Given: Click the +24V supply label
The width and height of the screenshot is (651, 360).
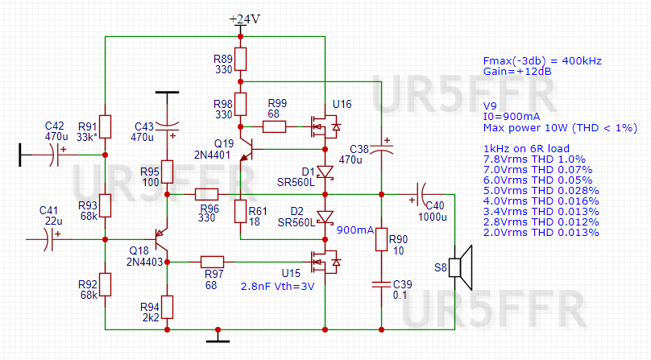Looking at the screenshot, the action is pos(245,19).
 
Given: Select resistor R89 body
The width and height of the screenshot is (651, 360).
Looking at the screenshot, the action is pos(240,59).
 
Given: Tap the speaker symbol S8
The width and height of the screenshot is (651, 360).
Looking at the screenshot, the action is pos(461,268).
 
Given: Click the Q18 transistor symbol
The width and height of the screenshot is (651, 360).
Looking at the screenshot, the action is pos(161,239).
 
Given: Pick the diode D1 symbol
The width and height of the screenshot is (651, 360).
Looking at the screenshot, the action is pos(325,172).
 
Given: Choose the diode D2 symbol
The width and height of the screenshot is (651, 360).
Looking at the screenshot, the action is pos(325,217).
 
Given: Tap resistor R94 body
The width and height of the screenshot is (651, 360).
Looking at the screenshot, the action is pos(168,308).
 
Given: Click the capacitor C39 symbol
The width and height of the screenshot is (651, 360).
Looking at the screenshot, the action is pos(382,284).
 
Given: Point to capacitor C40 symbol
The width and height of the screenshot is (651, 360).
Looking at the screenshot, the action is pos(420,194).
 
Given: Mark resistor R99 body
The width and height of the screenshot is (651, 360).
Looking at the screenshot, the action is pos(274,126).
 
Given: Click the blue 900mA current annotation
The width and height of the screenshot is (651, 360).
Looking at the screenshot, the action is pos(355,230).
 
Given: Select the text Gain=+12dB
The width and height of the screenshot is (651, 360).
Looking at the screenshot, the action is pos(517,72).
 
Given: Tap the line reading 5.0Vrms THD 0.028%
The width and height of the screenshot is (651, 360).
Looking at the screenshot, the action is pos(541,191).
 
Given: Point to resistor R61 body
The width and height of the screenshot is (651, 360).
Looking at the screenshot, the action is pos(240,211).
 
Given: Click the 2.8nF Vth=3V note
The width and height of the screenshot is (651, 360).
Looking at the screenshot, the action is pos(277,286).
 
